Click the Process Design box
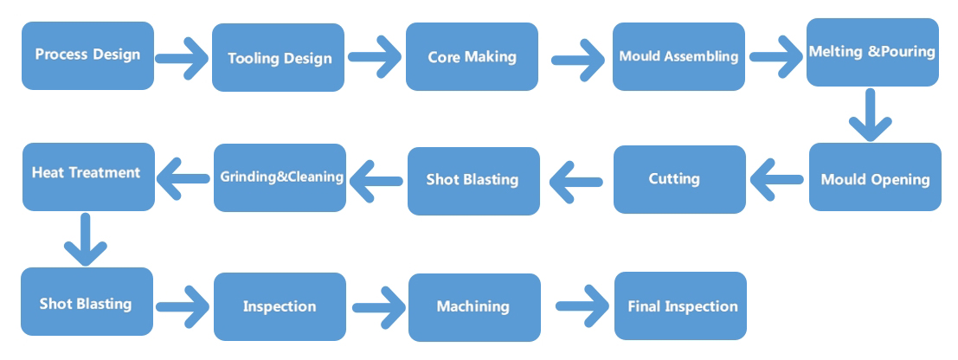coord(88,55)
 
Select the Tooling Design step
coord(278,57)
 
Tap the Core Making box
coord(472,57)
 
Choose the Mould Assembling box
coord(678,57)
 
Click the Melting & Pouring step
coord(872,52)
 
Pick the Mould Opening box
coord(875,177)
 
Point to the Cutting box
coord(679,180)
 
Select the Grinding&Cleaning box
coord(280,178)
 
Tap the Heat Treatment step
coord(88,177)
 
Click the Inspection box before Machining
coord(280,307)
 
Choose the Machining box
coord(474,307)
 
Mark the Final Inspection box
coord(680,305)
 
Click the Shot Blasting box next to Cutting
coord(473,181)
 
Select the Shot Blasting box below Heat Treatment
coord(87,301)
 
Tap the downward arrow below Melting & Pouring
coord(870,115)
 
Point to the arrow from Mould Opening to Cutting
coord(776,179)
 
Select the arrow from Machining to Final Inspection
coord(582,305)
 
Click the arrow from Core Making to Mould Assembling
coord(578,60)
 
